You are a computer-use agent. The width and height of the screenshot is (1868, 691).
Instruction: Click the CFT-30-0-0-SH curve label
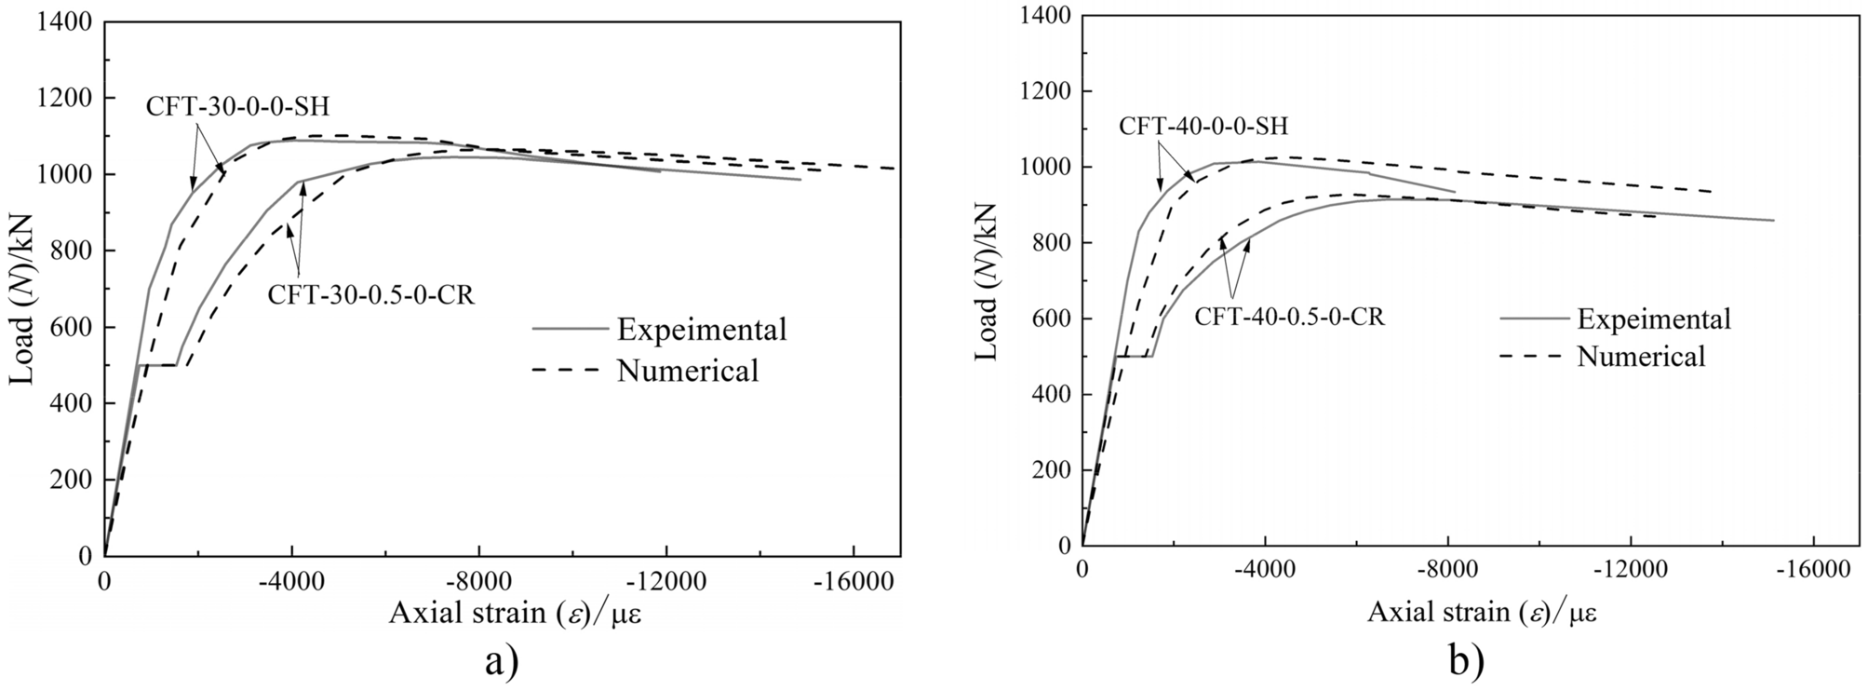[x=237, y=105]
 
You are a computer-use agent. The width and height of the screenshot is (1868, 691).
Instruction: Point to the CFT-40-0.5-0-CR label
[x=1289, y=317]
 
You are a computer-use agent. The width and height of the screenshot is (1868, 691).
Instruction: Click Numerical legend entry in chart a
[x=687, y=371]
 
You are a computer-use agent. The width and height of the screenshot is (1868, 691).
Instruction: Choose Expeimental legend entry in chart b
[x=1653, y=318]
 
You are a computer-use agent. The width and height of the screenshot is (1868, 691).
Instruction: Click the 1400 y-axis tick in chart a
[x=65, y=21]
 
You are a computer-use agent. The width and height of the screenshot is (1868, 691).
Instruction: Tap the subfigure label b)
[x=1466, y=660]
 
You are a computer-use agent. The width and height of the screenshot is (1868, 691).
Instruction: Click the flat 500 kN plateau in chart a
[x=157, y=365]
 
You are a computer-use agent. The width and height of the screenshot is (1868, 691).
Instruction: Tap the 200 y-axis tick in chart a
[x=73, y=480]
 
